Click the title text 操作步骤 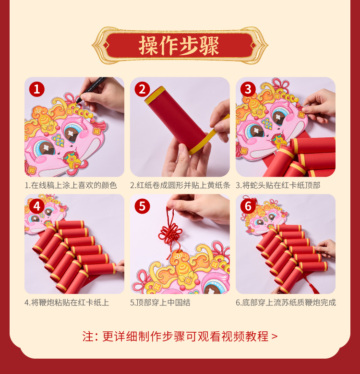pyautogui.click(x=179, y=46)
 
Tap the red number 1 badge pyautogui.click(x=36, y=89)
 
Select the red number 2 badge pyautogui.click(x=143, y=89)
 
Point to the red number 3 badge pyautogui.click(x=248, y=89)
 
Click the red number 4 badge pyautogui.click(x=36, y=206)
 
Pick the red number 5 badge pyautogui.click(x=143, y=206)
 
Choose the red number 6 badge pyautogui.click(x=248, y=206)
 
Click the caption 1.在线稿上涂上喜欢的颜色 pyautogui.click(x=71, y=185)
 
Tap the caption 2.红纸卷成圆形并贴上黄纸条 pyautogui.click(x=180, y=185)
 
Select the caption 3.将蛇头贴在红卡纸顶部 pyautogui.click(x=278, y=185)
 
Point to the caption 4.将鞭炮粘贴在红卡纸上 pyautogui.click(x=67, y=302)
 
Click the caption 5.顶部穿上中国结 pyautogui.click(x=160, y=302)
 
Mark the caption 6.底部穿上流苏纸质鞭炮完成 pyautogui.click(x=286, y=302)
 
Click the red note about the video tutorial pyautogui.click(x=180, y=337)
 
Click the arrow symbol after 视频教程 pyautogui.click(x=275, y=337)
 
